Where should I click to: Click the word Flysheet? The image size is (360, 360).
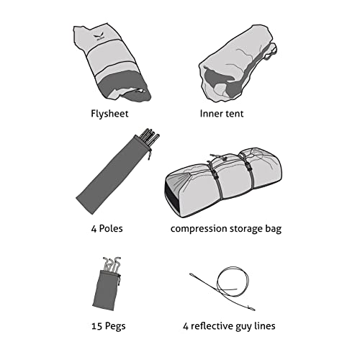pyautogui.click(x=109, y=114)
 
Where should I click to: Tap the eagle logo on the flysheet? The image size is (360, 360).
pyautogui.click(x=99, y=37)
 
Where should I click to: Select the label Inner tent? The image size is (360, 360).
pyautogui.click(x=222, y=114)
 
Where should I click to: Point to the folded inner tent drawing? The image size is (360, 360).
pyautogui.click(x=238, y=63)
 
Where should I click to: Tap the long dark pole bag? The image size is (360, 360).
pyautogui.click(x=113, y=175)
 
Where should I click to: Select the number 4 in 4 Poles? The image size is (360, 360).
pyautogui.click(x=94, y=229)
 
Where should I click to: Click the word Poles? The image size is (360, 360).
pyautogui.click(x=111, y=228)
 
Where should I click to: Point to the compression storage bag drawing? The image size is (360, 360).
pyautogui.click(x=223, y=182)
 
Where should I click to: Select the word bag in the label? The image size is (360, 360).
pyautogui.click(x=273, y=229)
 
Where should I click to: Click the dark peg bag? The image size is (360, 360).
pyautogui.click(x=106, y=290)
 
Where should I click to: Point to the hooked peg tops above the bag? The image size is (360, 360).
pyautogui.click(x=112, y=264)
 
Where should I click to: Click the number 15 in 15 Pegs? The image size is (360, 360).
pyautogui.click(x=97, y=326)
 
